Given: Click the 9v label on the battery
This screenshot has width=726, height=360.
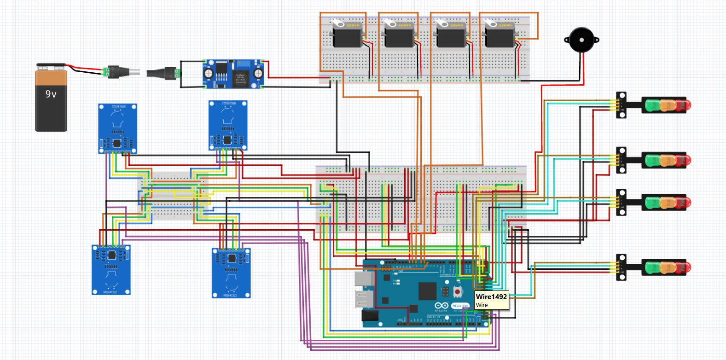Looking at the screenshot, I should (51, 94).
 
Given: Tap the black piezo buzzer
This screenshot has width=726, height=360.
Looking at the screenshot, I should (581, 41).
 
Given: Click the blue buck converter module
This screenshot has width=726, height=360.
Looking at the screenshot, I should (233, 74).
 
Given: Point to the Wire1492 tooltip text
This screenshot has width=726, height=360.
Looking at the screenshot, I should (491, 297).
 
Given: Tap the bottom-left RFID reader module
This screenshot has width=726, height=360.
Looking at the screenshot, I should (111, 270).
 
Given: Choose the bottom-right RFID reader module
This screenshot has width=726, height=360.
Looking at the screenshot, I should (231, 273).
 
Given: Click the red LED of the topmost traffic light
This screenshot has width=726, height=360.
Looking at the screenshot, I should (682, 105).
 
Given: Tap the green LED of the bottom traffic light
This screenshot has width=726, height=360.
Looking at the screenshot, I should (651, 267).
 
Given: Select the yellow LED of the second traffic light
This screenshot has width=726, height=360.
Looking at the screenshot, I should (667, 161).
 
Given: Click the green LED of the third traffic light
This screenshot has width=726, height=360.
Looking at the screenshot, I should (651, 203).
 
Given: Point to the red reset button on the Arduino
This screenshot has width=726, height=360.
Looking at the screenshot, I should (457, 291).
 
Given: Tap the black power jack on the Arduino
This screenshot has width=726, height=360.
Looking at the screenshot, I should (370, 316).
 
